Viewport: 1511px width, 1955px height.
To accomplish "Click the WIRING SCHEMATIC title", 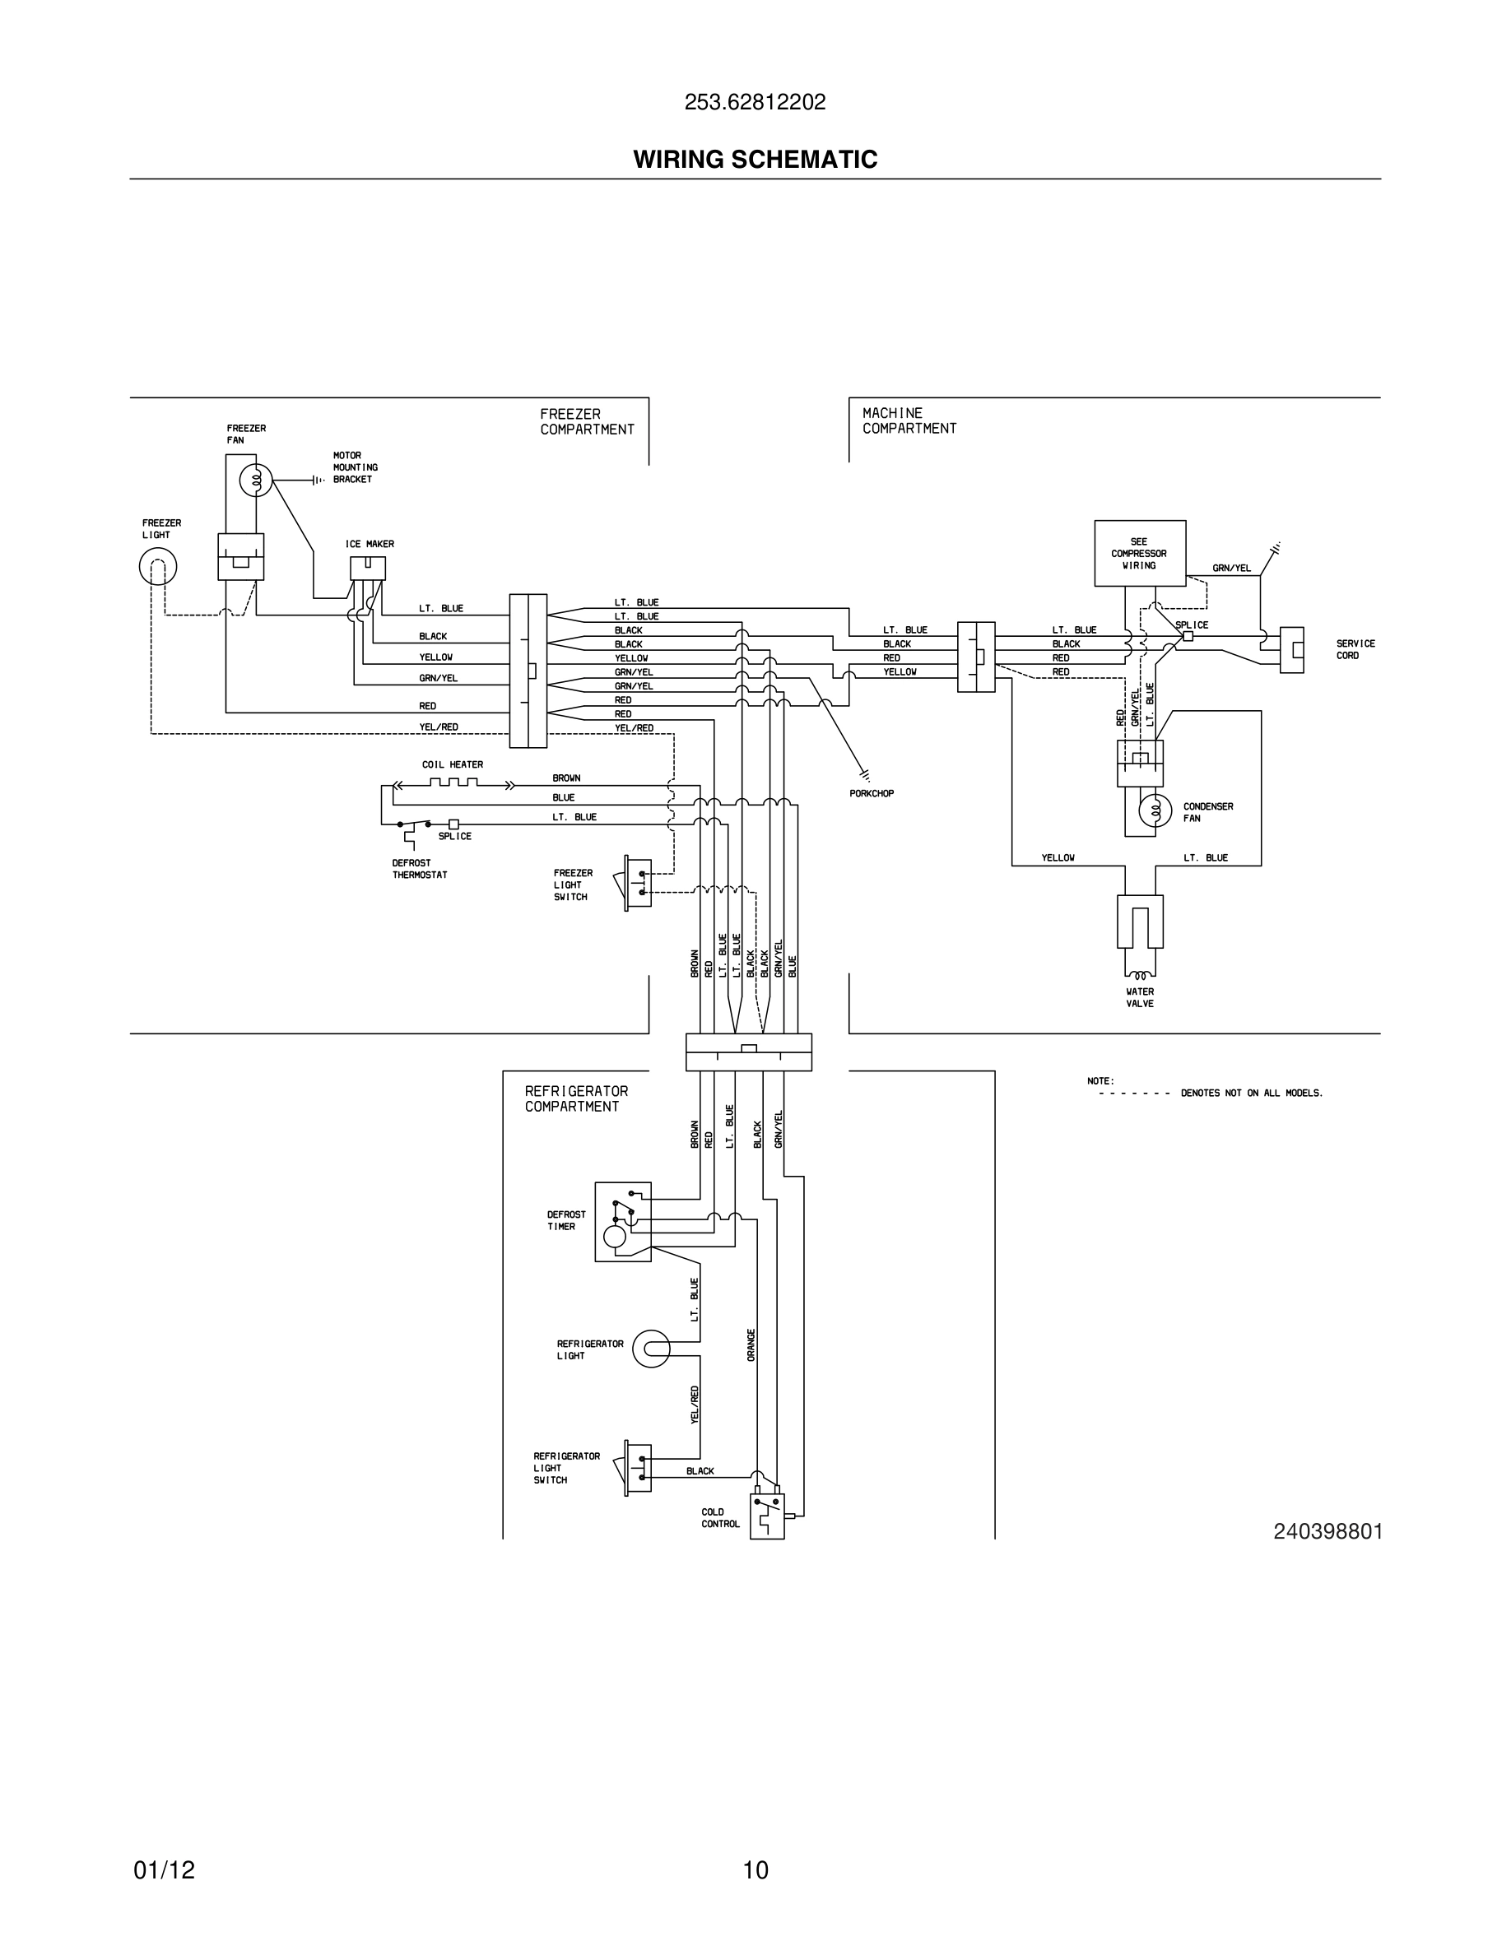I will (x=755, y=160).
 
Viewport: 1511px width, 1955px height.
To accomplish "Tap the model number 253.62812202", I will (x=755, y=103).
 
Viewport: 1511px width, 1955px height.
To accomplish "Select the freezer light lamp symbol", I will (x=157, y=566).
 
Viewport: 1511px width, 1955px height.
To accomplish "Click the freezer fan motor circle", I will (x=255, y=481).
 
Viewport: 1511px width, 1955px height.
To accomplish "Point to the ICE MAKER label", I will (x=369, y=544).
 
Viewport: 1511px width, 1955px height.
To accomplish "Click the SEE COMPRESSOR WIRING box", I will (x=1140, y=553).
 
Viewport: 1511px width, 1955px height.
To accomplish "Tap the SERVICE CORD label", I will (x=1355, y=649).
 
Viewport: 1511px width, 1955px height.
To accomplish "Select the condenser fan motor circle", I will (x=1155, y=811).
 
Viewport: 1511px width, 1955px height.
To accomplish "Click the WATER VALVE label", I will (x=1140, y=997).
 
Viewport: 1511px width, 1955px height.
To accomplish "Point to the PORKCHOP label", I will (x=871, y=793).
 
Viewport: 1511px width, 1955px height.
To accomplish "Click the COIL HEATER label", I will (x=452, y=764).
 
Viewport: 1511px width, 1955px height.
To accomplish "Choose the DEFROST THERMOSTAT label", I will (x=419, y=869).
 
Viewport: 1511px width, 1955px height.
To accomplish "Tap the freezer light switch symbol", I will (x=637, y=883).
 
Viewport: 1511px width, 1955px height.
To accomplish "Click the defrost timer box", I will (x=623, y=1221).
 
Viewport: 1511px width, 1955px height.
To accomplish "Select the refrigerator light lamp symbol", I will (x=652, y=1349).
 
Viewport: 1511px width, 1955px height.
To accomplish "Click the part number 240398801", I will (x=1327, y=1531).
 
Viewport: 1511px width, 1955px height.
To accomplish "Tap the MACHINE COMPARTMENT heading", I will (x=909, y=420).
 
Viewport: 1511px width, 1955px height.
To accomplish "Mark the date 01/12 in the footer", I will (x=164, y=1870).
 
